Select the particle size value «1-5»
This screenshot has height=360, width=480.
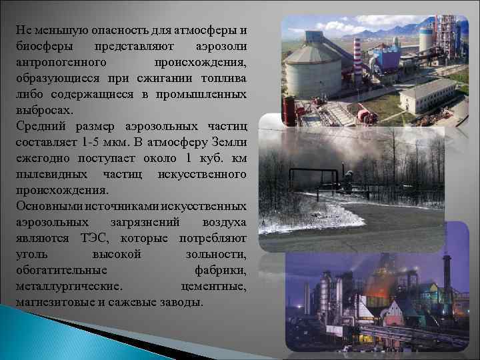point(91,143)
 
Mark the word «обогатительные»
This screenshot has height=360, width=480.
point(61,270)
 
